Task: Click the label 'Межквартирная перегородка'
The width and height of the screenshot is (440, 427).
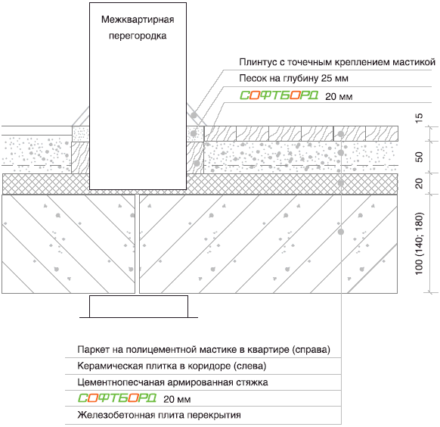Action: pos(138,27)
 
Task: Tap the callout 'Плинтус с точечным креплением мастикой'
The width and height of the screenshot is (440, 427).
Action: pos(337,62)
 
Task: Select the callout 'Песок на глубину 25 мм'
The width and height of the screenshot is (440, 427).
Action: pos(293,78)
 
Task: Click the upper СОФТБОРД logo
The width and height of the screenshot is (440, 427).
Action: pos(279,95)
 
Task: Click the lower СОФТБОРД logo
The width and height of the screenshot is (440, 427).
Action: pos(117,397)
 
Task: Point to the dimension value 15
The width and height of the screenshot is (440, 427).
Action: pos(419,118)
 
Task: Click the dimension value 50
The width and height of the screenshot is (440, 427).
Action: pos(419,157)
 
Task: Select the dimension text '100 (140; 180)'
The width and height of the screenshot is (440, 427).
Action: pos(419,243)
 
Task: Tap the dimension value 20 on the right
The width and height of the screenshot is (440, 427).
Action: pos(419,184)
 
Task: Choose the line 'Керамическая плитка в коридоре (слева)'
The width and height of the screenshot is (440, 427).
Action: pos(172,366)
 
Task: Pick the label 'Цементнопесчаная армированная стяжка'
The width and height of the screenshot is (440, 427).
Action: pos(172,382)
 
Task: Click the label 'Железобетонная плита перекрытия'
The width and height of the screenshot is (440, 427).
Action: pos(159,415)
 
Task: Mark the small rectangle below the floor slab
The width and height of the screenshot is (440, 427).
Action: pos(138,307)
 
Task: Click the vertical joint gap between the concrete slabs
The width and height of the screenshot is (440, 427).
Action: pos(138,244)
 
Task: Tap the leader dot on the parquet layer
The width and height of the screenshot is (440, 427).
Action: pos(341,134)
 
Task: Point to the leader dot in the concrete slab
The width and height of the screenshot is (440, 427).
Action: pos(341,232)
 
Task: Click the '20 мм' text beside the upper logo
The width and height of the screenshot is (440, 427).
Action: pos(339,97)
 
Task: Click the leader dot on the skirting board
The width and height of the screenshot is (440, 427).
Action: pos(194,115)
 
